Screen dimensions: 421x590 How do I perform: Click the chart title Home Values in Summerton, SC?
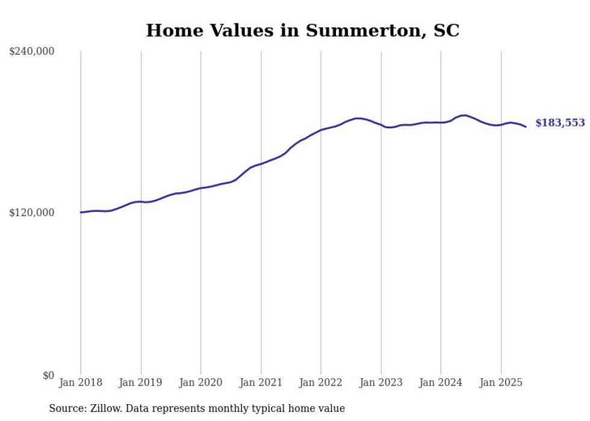(x=302, y=30)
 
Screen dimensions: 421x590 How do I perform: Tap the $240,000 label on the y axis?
(x=32, y=52)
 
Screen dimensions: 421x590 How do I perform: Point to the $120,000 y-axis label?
(x=32, y=213)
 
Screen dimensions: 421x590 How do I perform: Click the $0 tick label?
(x=48, y=375)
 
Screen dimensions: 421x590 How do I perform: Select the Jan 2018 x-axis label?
(x=81, y=382)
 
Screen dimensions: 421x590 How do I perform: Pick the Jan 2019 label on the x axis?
(x=141, y=382)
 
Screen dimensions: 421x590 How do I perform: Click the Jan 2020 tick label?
(x=200, y=382)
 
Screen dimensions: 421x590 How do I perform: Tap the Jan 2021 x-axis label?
(x=261, y=382)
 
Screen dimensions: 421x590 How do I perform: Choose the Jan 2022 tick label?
(x=321, y=382)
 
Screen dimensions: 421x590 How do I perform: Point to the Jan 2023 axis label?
(x=380, y=382)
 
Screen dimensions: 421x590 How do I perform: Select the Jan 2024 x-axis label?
(x=441, y=382)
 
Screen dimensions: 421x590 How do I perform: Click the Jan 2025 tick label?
(x=501, y=382)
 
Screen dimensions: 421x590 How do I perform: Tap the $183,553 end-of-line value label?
(x=560, y=123)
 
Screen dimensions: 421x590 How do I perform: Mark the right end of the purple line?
(x=526, y=126)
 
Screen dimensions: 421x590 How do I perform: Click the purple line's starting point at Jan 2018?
(x=81, y=212)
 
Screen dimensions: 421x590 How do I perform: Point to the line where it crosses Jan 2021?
(x=261, y=164)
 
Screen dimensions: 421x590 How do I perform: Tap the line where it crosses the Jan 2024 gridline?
(x=441, y=122)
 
